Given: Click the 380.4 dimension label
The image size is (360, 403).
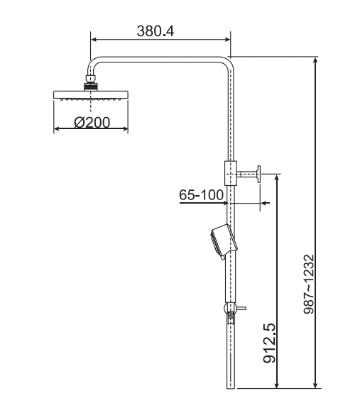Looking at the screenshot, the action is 156,31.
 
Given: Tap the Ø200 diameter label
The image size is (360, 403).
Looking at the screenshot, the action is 92,122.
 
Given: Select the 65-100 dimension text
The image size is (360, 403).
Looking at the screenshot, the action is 201,195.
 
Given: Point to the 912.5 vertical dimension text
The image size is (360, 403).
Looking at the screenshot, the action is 270,343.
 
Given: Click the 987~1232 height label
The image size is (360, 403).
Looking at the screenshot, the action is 309,284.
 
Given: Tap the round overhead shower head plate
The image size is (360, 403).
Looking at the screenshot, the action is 90,94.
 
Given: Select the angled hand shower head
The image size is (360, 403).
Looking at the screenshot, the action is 224,242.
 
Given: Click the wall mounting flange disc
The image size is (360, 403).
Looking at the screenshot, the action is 258,175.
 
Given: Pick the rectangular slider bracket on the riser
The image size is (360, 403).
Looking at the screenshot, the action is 231,173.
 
